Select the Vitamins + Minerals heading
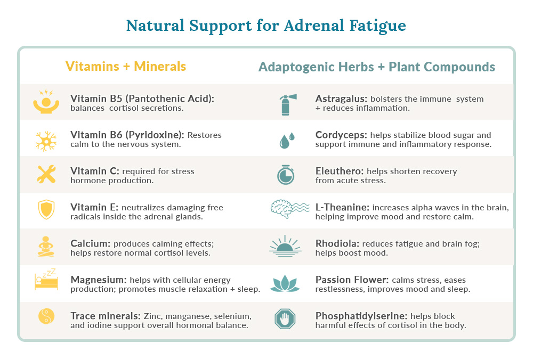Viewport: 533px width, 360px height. point(126,66)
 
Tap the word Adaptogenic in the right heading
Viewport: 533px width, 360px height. point(316,67)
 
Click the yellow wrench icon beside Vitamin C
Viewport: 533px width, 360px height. point(46,174)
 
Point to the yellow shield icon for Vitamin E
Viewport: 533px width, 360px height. point(46,209)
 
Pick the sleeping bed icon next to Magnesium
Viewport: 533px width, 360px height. point(46,280)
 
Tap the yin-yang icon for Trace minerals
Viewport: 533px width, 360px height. point(46,316)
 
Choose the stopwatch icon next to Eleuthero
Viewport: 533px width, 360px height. point(286,175)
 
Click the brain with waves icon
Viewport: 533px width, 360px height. point(289,209)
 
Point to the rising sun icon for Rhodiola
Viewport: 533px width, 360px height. point(285,246)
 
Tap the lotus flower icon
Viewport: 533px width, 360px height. point(285,284)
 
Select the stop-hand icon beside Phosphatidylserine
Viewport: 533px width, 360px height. point(285,318)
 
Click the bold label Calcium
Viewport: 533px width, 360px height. point(91,243)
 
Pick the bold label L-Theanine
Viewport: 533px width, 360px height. point(342,207)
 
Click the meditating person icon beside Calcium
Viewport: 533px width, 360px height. point(46,247)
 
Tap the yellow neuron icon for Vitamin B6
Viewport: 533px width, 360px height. point(46,141)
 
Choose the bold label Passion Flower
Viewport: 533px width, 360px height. point(352,280)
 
